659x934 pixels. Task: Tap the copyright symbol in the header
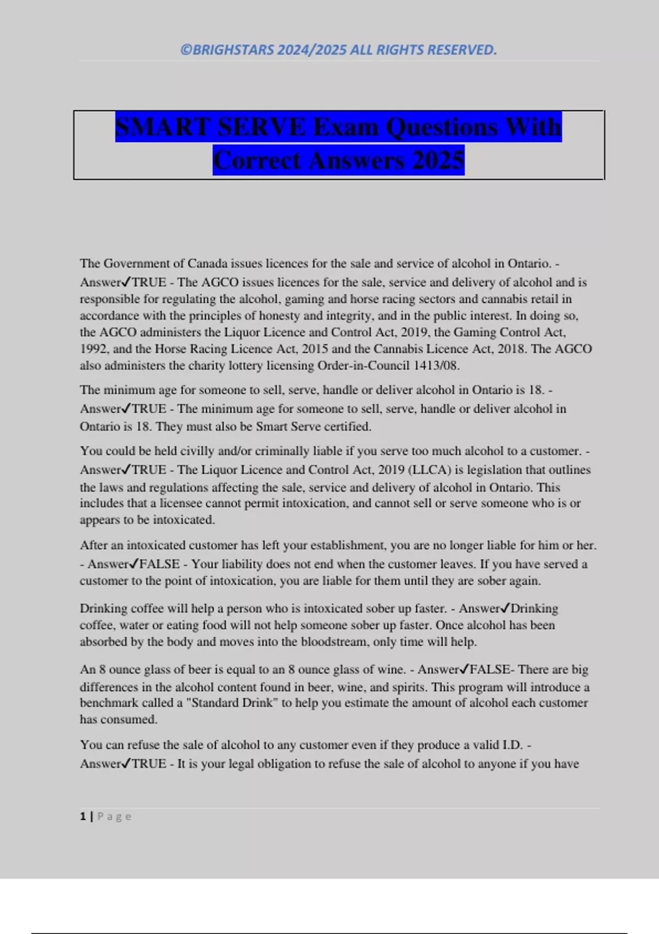tap(186, 50)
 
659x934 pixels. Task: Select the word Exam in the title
tap(345, 127)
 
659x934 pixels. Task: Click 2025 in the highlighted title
tap(438, 160)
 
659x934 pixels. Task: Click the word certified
tap(347, 426)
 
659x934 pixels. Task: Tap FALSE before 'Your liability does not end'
tap(159, 564)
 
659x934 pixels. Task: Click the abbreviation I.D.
tap(512, 745)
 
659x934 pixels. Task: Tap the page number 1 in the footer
tap(83, 816)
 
